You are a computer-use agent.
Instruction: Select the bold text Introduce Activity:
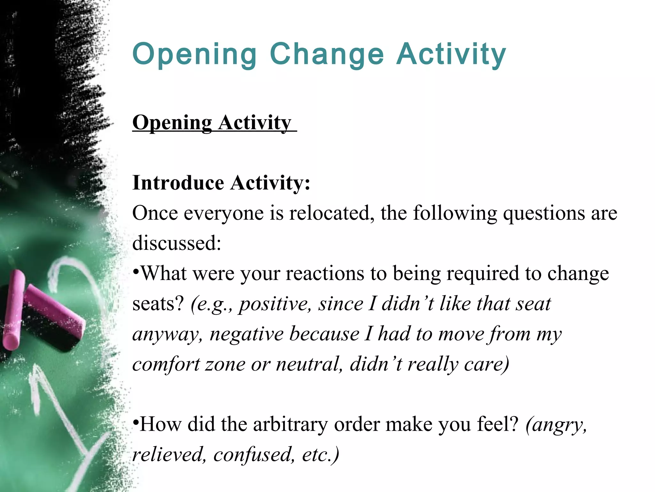[221, 183]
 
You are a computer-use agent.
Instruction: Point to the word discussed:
[177, 243]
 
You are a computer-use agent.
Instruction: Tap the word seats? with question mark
[158, 304]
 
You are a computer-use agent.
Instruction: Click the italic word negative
[247, 334]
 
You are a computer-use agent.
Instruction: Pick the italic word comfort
[166, 364]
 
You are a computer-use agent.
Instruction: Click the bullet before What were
[136, 270]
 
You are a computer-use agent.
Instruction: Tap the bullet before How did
[136, 421]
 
